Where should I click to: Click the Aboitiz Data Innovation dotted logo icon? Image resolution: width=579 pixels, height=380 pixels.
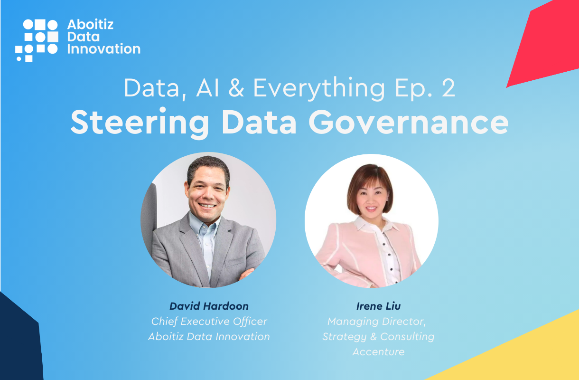(x=37, y=41)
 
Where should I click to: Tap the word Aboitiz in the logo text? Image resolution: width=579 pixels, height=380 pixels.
(x=91, y=25)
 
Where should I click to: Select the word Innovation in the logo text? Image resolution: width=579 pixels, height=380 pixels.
(x=104, y=48)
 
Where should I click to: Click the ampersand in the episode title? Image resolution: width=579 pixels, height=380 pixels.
(x=236, y=88)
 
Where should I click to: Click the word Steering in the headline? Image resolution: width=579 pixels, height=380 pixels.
(x=140, y=122)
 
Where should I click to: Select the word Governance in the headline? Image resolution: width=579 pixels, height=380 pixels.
(x=409, y=122)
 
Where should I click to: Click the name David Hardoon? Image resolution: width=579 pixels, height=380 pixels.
(x=209, y=306)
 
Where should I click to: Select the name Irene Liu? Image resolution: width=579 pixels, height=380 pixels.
(x=378, y=306)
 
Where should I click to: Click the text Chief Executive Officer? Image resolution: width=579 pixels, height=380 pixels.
(x=209, y=321)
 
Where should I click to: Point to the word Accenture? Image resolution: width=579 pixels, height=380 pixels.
(x=378, y=351)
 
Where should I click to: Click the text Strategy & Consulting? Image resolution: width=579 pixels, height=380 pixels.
(x=378, y=337)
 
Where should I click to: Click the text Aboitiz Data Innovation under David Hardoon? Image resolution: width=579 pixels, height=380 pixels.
(x=209, y=337)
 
